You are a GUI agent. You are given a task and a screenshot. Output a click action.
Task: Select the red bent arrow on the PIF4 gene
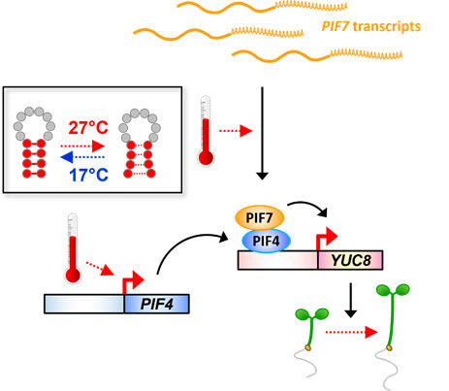coord(132,283)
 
